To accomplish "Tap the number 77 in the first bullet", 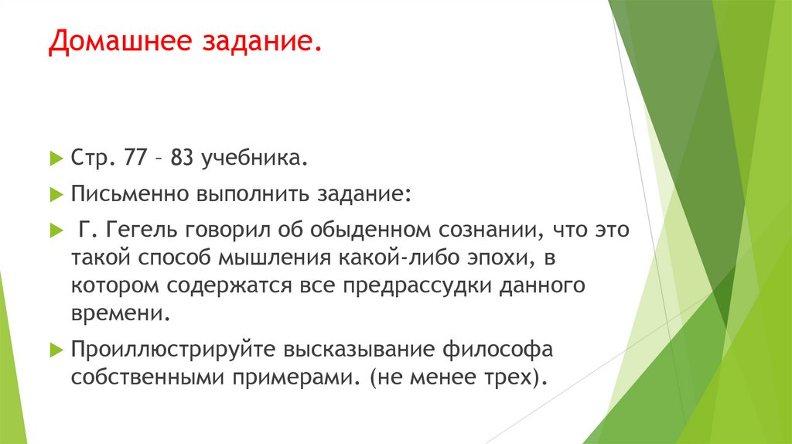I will (135, 159).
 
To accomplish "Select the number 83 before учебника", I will (183, 159).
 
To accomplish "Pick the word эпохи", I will (506, 258).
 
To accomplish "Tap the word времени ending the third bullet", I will (118, 314).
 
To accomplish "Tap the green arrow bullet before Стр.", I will (55, 159).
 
